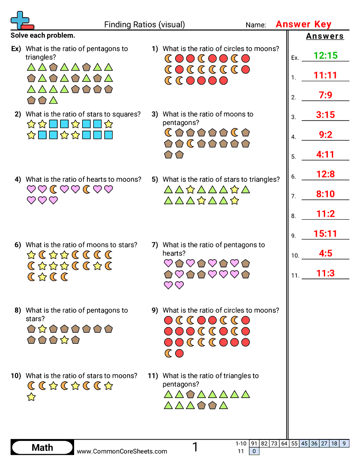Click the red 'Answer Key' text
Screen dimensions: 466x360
303,24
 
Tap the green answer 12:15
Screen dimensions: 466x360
325,56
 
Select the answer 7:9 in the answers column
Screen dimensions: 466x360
325,95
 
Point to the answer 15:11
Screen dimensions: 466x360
325,234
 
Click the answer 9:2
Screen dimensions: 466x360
325,135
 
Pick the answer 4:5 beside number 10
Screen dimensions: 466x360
325,253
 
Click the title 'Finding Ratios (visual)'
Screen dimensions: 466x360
144,25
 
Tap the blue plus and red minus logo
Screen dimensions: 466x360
21,20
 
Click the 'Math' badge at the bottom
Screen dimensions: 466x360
42,447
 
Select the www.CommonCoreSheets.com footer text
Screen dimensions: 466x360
122,451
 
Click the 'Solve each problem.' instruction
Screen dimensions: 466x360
43,35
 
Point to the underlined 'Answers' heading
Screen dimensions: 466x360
325,36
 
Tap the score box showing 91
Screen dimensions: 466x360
254,443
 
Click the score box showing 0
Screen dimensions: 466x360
254,451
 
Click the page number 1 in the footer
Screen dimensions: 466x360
195,447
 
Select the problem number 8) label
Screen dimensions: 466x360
18,310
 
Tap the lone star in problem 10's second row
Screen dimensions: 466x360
31,397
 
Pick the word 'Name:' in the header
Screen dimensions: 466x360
256,25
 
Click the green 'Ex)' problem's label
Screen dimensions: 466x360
16,49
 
